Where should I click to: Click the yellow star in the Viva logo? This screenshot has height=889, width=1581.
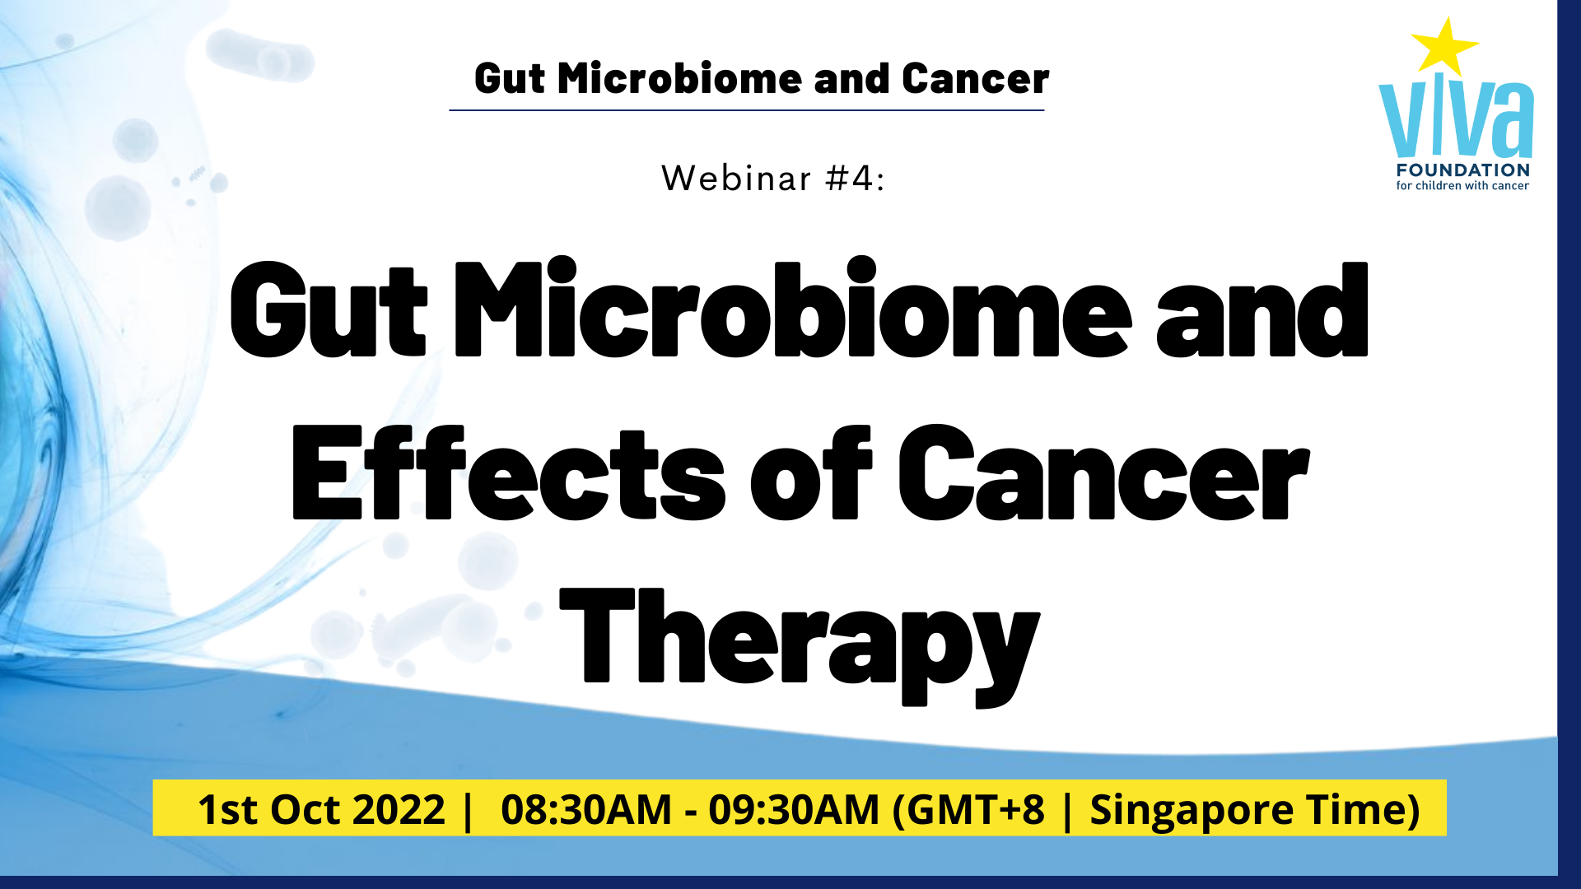pyautogui.click(x=1443, y=48)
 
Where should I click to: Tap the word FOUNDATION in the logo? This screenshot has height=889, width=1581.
pyautogui.click(x=1463, y=170)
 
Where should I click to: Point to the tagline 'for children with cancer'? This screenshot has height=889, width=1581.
pyautogui.click(x=1462, y=186)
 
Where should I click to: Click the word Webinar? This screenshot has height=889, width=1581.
pyautogui.click(x=737, y=179)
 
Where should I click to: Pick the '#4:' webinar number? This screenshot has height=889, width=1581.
pyautogui.click(x=856, y=179)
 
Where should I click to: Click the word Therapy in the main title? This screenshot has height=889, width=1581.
pyautogui.click(x=800, y=646)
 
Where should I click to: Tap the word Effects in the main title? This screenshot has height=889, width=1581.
pyautogui.click(x=509, y=473)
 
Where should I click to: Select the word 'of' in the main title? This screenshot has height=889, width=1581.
pyautogui.click(x=811, y=473)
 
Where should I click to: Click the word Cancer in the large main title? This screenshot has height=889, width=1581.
pyautogui.click(x=1104, y=473)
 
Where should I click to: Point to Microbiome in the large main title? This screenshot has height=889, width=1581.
pyautogui.click(x=793, y=308)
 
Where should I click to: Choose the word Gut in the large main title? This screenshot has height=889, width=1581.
pyautogui.click(x=329, y=310)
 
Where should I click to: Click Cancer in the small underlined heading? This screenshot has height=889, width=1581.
pyautogui.click(x=975, y=79)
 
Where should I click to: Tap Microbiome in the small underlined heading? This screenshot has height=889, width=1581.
pyautogui.click(x=679, y=79)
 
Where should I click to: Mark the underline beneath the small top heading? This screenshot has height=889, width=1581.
pyautogui.click(x=747, y=109)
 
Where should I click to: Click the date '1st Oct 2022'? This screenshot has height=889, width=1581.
pyautogui.click(x=321, y=809)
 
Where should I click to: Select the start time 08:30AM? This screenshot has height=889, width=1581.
pyautogui.click(x=586, y=809)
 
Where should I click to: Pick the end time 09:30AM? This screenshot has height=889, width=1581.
pyautogui.click(x=794, y=809)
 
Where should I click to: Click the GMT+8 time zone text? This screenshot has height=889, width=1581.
pyautogui.click(x=969, y=810)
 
